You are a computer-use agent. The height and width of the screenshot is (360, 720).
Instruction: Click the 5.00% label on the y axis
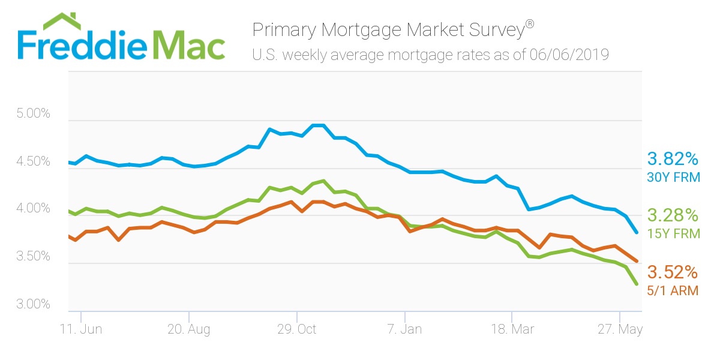[x=33, y=113]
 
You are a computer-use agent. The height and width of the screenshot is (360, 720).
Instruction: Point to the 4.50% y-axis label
[x=33, y=161]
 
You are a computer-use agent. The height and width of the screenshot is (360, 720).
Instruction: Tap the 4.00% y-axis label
[x=33, y=209]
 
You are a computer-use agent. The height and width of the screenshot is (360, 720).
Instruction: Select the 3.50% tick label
[x=33, y=257]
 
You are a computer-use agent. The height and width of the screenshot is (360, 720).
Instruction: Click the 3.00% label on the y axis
[x=33, y=304]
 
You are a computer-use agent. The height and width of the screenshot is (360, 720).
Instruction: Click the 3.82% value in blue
[x=673, y=159]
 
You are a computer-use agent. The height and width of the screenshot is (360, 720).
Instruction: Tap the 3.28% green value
[x=673, y=215]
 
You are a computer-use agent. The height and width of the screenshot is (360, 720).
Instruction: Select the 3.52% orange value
[x=673, y=272]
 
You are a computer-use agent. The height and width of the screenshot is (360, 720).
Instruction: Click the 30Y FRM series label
[x=673, y=178]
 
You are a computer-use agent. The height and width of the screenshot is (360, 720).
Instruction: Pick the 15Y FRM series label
[x=673, y=234]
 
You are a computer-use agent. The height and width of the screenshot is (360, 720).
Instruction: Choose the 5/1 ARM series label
[x=673, y=290]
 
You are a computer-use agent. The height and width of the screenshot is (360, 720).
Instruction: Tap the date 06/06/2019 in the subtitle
[x=569, y=55]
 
